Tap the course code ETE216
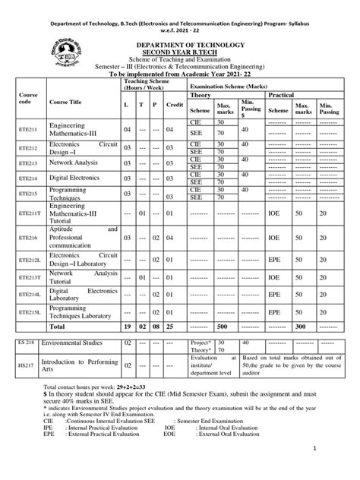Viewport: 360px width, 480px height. click(x=30, y=238)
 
